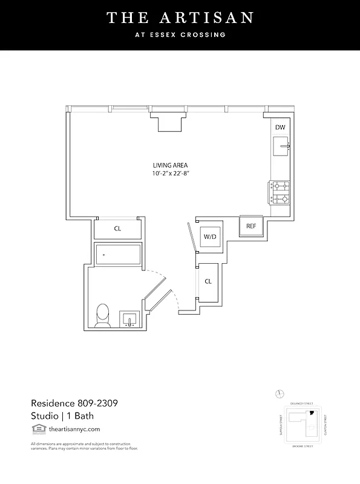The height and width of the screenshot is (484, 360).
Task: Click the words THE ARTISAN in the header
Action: (180, 18)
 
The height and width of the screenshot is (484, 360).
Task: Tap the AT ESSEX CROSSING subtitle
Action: (180, 35)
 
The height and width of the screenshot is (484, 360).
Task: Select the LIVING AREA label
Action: (169, 165)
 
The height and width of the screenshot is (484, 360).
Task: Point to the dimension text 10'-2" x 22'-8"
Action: (175, 174)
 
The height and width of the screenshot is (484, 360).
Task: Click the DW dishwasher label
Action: (280, 128)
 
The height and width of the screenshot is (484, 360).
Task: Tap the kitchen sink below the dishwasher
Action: (281, 146)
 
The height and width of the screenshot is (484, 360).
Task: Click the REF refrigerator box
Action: (250, 226)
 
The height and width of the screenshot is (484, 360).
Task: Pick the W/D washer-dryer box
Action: (211, 237)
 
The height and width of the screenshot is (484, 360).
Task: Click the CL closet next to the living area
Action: (118, 229)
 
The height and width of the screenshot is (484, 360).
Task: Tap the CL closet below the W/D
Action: (208, 281)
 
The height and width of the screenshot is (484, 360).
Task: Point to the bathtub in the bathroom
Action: (118, 255)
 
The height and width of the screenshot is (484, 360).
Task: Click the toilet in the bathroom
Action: (103, 315)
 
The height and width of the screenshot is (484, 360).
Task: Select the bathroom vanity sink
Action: (130, 319)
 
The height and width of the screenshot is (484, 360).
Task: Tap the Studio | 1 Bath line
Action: (62, 416)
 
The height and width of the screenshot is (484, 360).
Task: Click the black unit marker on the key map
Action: (312, 413)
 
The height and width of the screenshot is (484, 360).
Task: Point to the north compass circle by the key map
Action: (279, 394)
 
